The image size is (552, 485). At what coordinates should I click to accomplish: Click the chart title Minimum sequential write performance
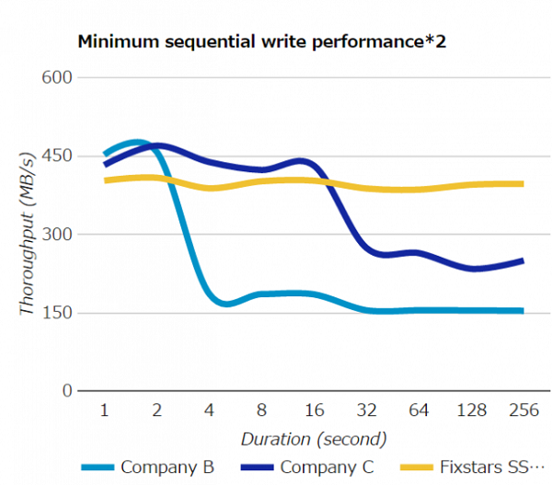point(262,41)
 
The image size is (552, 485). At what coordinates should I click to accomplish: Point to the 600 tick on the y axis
point(58,77)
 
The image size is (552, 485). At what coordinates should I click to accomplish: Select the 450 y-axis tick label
point(58,156)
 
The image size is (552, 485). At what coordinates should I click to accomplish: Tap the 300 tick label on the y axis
point(58,234)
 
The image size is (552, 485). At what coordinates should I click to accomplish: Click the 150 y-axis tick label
point(58,313)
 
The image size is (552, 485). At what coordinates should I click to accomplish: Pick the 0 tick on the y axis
point(67,391)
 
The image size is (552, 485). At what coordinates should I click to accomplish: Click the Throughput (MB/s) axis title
point(27,235)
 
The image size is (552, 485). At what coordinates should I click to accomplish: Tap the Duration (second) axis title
point(314,438)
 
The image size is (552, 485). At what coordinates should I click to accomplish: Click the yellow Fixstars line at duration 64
point(419,190)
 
